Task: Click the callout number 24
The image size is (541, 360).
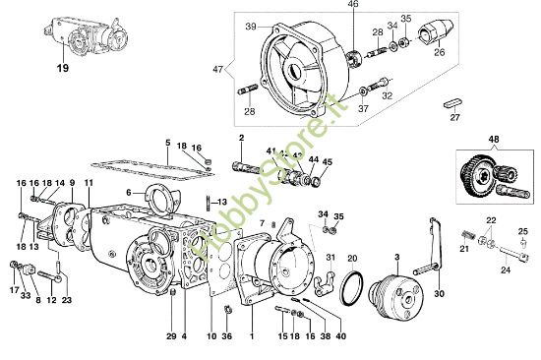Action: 506,267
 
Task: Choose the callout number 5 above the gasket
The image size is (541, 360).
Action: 168,143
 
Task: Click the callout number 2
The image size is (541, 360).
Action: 241,138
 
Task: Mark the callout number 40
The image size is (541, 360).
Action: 340,336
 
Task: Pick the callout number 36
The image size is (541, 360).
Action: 228,336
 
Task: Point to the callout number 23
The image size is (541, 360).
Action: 66,302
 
